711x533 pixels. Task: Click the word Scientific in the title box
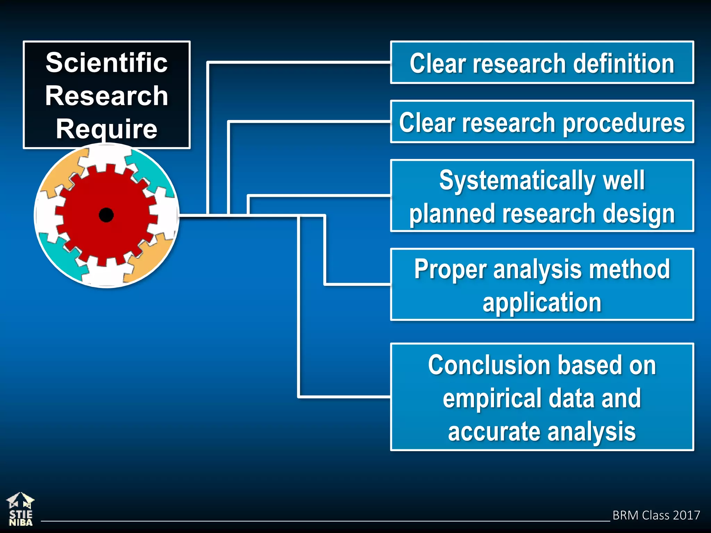107,63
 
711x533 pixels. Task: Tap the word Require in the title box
107,129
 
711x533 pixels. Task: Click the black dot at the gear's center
106,215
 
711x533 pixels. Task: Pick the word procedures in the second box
624,123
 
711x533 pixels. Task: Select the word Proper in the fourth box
451,270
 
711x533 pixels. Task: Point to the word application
542,302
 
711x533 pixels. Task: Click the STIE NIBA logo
20,509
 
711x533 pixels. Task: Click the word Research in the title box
107,96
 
